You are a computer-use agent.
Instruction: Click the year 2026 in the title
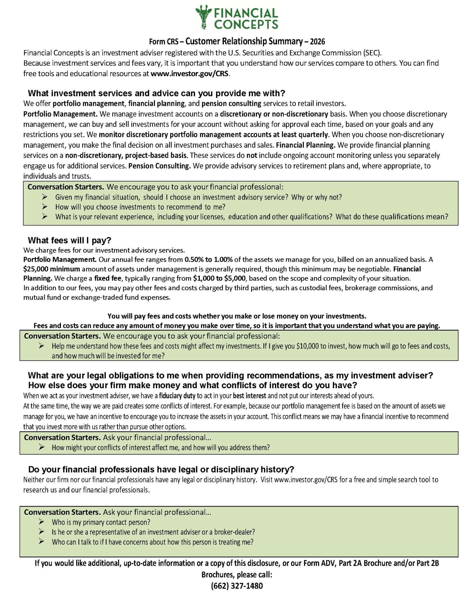click(x=317, y=41)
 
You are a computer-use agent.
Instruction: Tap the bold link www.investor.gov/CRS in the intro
click(x=190, y=74)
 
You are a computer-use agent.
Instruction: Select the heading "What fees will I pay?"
click(x=69, y=240)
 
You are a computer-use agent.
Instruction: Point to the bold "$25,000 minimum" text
click(x=51, y=269)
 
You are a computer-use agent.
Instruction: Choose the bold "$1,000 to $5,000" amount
click(x=219, y=278)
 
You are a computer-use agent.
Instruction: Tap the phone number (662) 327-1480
click(x=237, y=586)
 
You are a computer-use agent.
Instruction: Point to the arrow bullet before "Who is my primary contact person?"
click(x=41, y=522)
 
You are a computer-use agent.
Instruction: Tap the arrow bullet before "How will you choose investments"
click(x=45, y=207)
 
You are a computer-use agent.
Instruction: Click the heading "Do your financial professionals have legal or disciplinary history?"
click(x=161, y=470)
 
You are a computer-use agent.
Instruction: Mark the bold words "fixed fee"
click(x=108, y=278)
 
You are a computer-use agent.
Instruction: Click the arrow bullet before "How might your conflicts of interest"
click(x=41, y=448)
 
